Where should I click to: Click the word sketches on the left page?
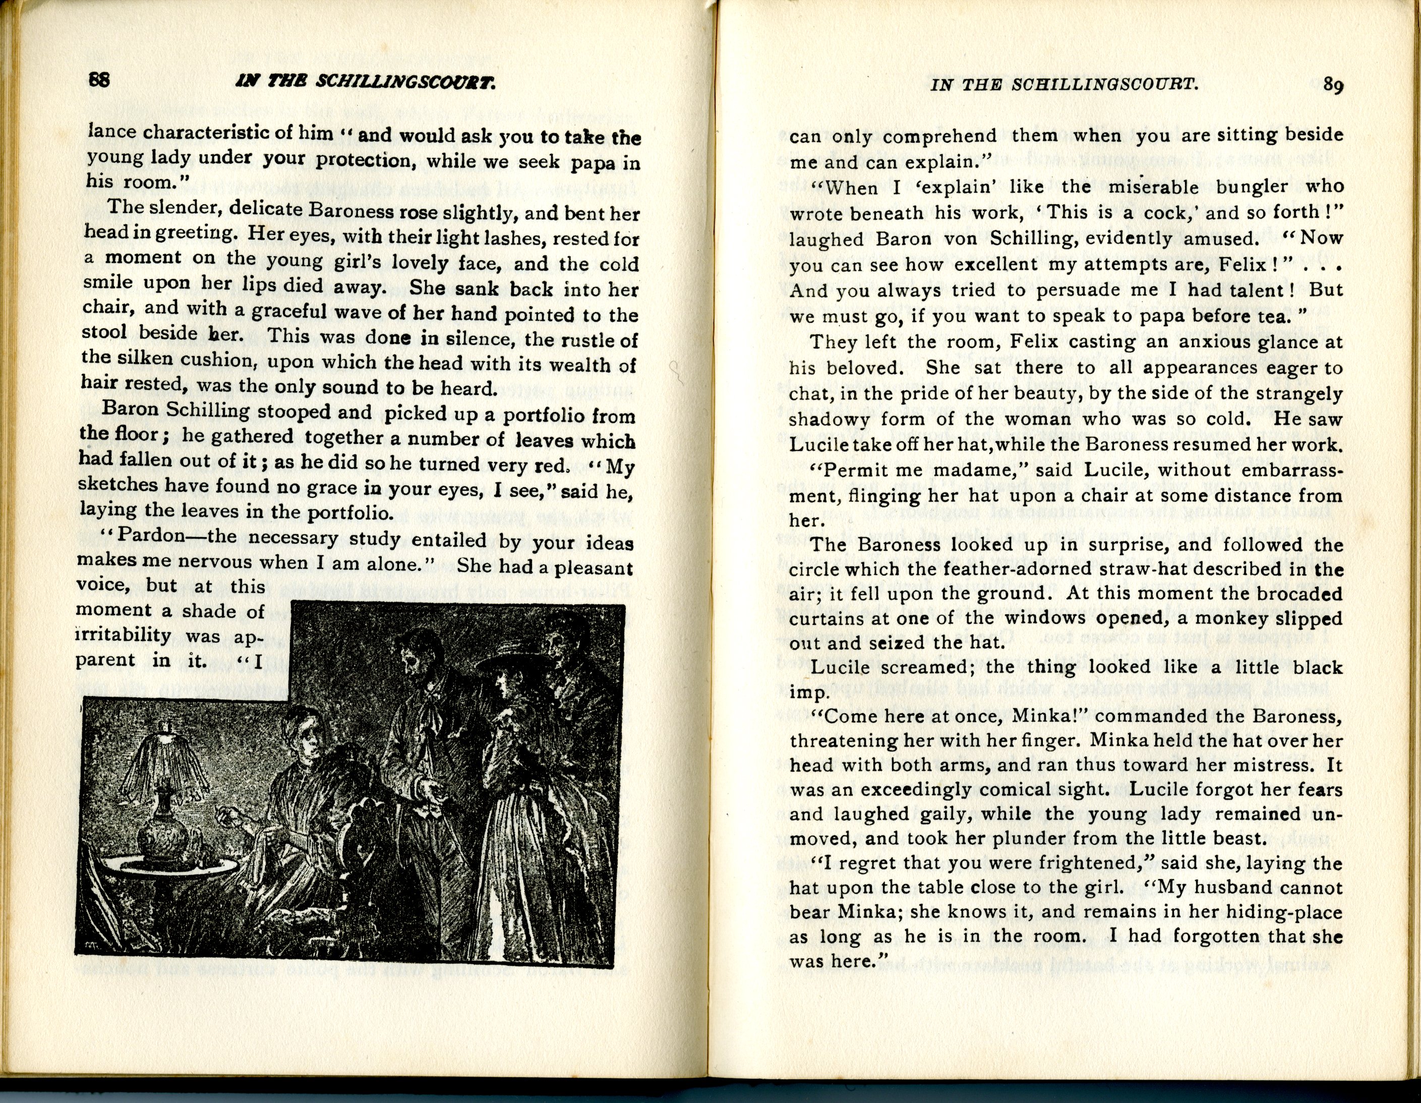tap(114, 486)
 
